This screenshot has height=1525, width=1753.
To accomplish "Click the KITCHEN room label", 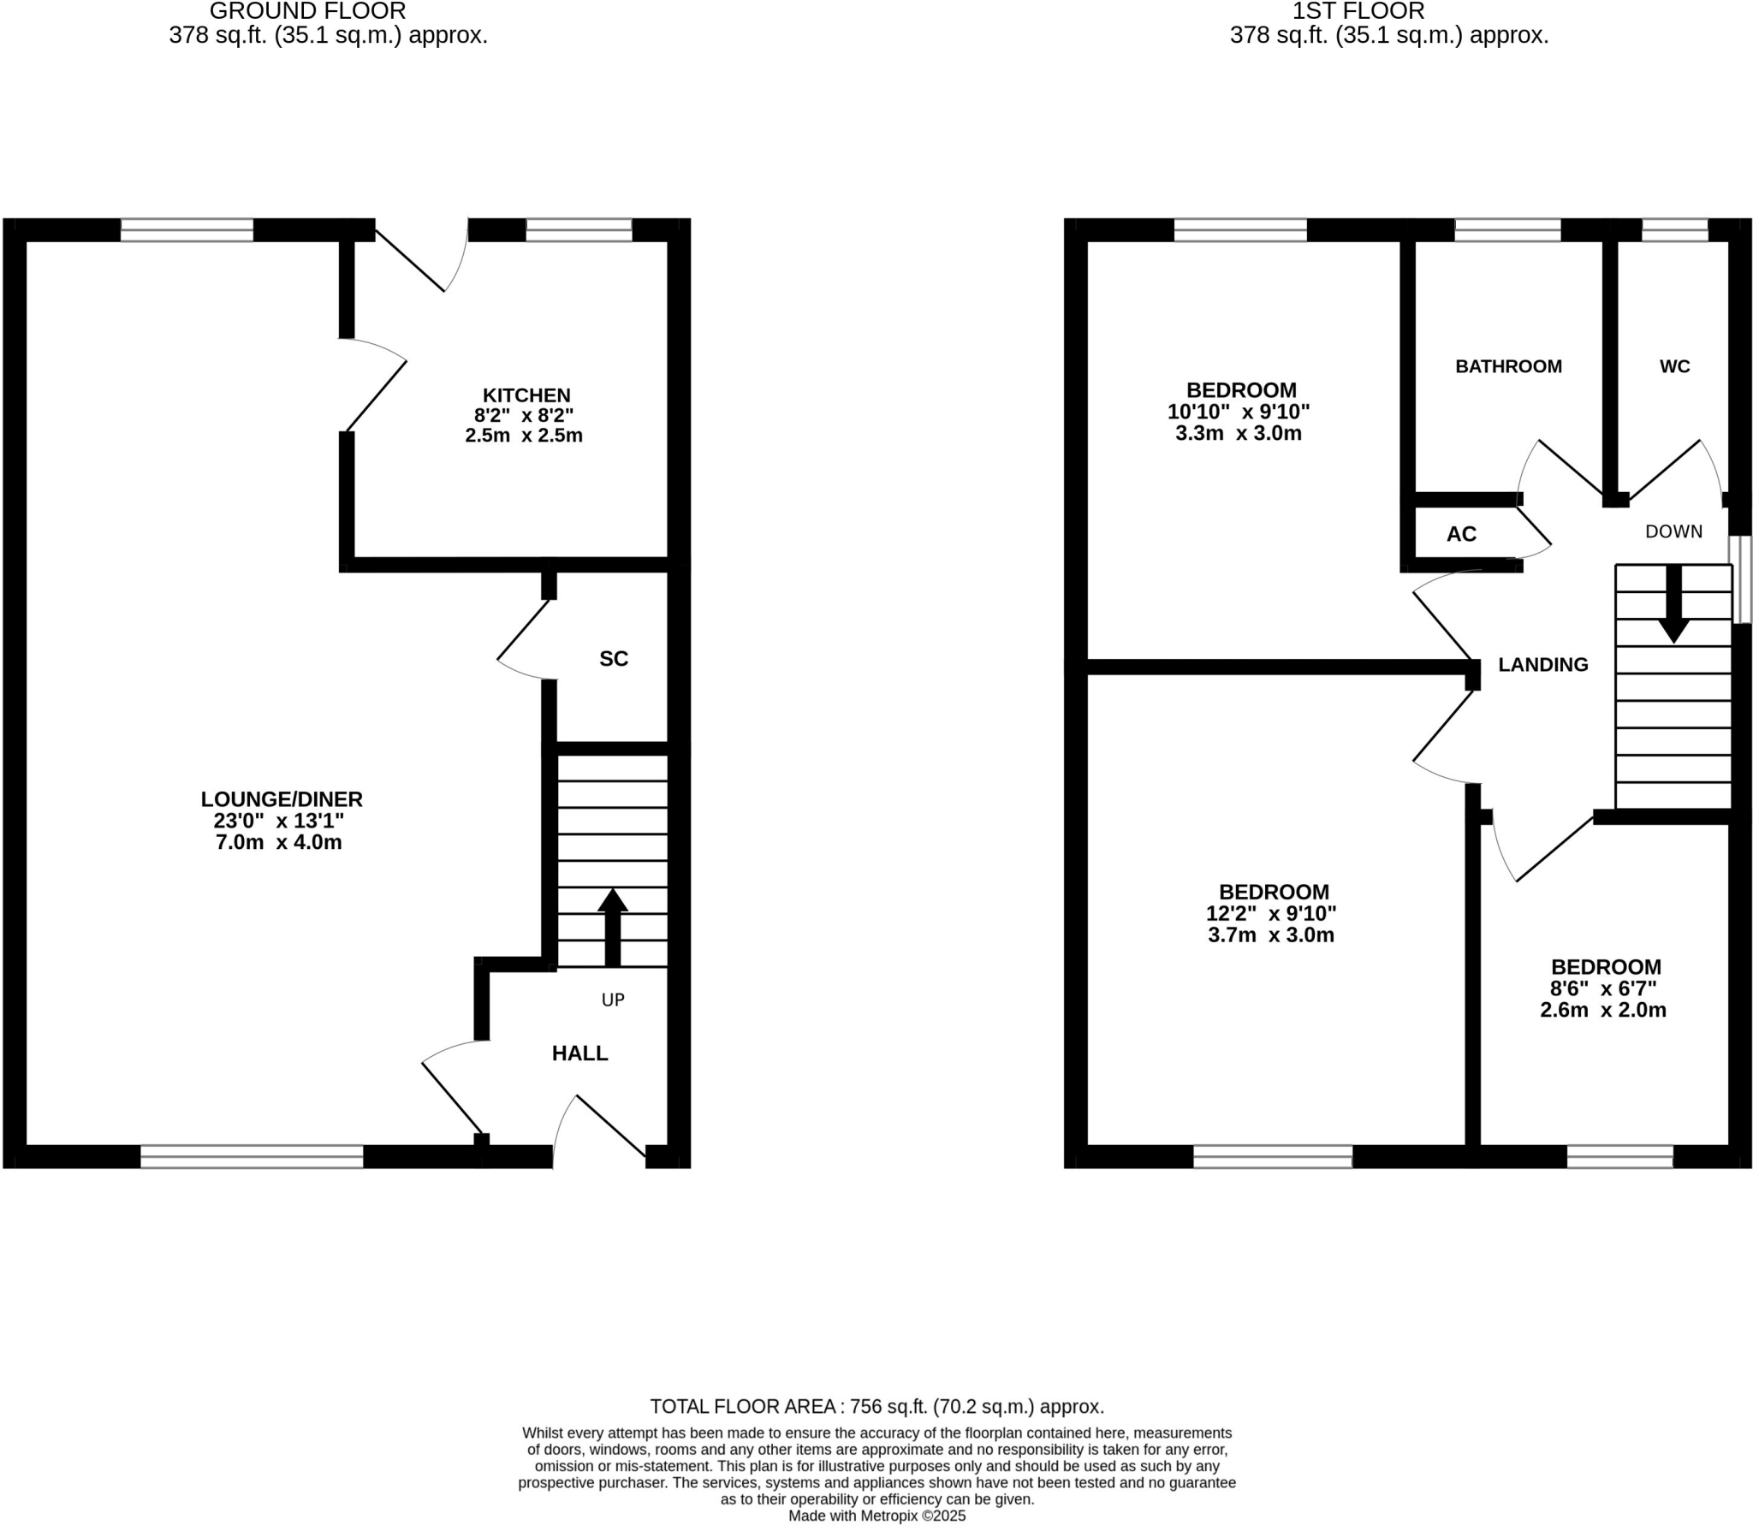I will click(x=526, y=395).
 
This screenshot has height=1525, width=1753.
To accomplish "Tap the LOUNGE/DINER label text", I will click(x=282, y=799).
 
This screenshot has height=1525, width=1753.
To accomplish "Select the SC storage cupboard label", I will click(x=613, y=658).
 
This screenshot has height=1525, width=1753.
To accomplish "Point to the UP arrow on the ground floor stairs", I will click(x=612, y=928).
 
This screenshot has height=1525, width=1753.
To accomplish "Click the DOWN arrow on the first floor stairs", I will click(x=1673, y=604).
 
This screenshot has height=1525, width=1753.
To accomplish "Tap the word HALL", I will click(x=579, y=1053).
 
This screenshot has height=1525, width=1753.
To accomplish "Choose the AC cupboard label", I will click(x=1461, y=534).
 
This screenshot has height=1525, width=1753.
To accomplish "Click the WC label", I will click(x=1674, y=366).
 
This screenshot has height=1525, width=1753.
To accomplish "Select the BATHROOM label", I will click(x=1508, y=366).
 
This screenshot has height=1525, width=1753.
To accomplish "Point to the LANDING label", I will click(x=1542, y=664).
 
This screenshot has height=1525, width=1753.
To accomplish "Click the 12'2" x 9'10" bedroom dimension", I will click(x=1271, y=913).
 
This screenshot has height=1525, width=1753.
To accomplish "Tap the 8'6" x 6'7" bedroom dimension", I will click(x=1603, y=988).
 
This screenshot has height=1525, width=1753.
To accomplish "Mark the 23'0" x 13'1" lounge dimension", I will click(x=278, y=821).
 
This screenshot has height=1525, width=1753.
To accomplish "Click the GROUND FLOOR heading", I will click(x=307, y=11).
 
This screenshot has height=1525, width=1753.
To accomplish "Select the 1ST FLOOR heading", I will click(x=1358, y=11).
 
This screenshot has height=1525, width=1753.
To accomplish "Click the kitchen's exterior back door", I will click(x=411, y=261).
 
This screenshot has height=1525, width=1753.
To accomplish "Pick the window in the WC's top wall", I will click(x=1674, y=230).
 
